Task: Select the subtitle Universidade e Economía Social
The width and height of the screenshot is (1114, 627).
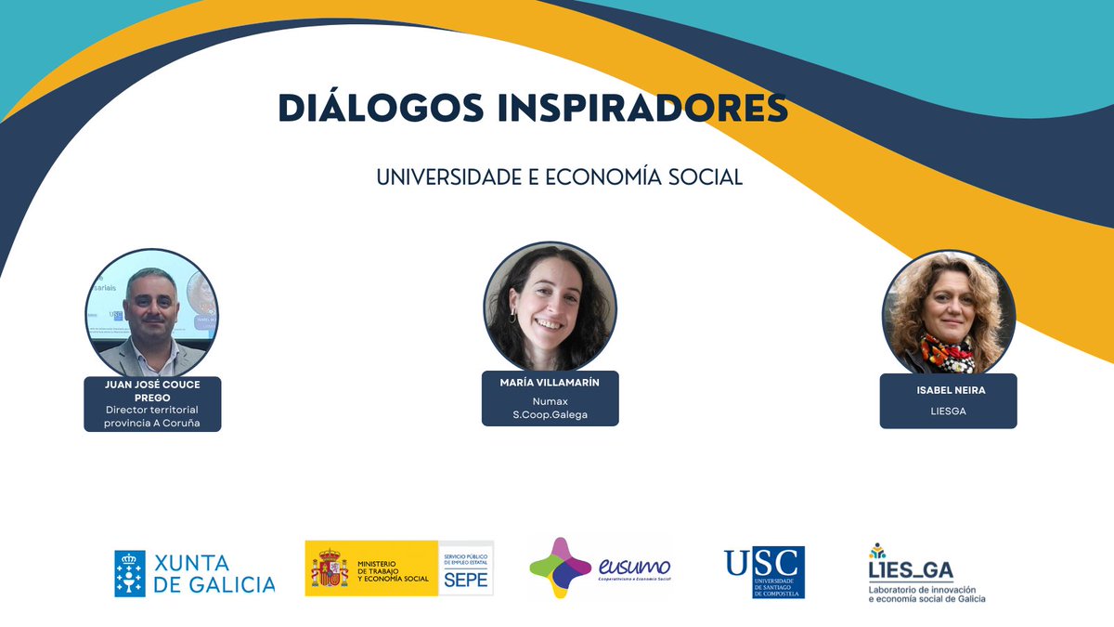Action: pyautogui.click(x=559, y=177)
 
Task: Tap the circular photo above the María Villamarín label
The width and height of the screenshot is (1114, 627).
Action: pyautogui.click(x=550, y=307)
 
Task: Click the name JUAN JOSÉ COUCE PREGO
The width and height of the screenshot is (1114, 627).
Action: pyautogui.click(x=153, y=390)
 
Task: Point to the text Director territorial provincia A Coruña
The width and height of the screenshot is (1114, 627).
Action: pyautogui.click(x=152, y=417)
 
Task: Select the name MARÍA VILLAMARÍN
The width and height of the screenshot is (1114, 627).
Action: pyautogui.click(x=551, y=384)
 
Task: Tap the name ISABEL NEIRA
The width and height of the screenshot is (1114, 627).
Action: pyautogui.click(x=949, y=390)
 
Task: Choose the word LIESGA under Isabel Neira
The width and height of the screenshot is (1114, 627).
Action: pyautogui.click(x=949, y=411)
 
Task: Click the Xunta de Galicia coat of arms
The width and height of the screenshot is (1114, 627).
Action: pyautogui.click(x=130, y=572)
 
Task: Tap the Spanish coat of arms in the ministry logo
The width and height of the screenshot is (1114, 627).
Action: pyautogui.click(x=330, y=568)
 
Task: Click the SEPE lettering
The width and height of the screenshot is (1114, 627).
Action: pyautogui.click(x=466, y=578)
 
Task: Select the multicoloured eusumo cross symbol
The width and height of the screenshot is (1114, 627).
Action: pyautogui.click(x=560, y=567)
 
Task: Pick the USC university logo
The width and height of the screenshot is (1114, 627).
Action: pyautogui.click(x=764, y=571)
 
